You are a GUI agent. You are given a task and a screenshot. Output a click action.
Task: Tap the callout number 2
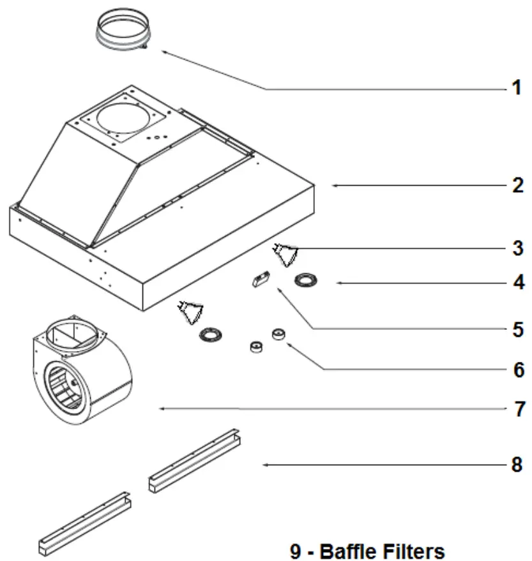tap(517, 186)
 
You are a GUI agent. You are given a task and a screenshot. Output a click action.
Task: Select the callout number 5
tap(517, 330)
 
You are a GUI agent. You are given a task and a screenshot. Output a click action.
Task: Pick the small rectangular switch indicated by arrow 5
tap(261, 280)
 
